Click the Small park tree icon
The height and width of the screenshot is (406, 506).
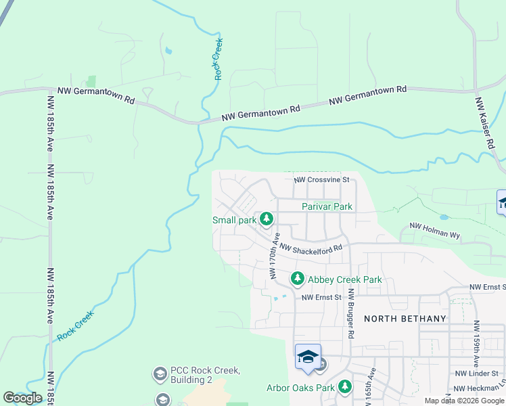point(267,219)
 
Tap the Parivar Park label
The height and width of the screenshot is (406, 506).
point(327,206)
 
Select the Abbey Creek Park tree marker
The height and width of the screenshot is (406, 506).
point(297,279)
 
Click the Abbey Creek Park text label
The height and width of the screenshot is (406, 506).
point(345,279)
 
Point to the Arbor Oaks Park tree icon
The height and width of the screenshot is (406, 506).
point(346,387)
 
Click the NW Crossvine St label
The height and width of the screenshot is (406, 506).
point(321,180)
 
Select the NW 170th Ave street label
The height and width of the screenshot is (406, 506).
point(275,256)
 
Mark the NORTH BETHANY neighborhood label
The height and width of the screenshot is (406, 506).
point(405,319)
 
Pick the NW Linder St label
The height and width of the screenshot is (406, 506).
point(476,374)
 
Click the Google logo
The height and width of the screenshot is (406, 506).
point(22,398)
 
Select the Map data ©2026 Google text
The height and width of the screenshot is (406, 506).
point(464,401)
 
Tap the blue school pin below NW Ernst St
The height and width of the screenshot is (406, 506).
point(308,357)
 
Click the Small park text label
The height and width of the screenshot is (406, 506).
point(234,220)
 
